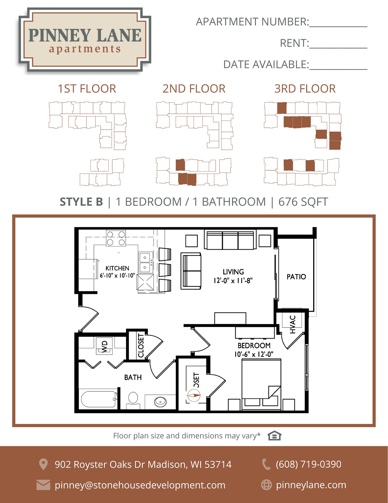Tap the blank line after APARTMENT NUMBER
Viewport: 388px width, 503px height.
point(338,26)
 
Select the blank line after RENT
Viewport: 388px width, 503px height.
point(338,48)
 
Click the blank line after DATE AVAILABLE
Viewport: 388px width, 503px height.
point(338,69)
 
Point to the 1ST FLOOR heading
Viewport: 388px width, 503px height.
point(87,89)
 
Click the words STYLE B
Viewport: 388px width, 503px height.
point(81,202)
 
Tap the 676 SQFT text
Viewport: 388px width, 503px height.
point(303,202)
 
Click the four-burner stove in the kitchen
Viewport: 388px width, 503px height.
point(116,238)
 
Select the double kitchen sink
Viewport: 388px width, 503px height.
point(145,263)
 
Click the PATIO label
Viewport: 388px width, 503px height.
point(296,277)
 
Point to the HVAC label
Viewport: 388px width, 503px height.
point(293,324)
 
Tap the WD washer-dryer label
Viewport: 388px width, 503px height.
point(105,346)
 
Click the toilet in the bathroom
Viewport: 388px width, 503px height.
point(133,400)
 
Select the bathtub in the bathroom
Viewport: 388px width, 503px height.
point(99,399)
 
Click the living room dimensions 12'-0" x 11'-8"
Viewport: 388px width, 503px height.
point(233,281)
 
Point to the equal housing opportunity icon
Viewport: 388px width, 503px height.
point(274,436)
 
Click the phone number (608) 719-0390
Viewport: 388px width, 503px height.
point(308,464)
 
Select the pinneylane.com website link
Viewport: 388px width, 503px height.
point(311,485)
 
